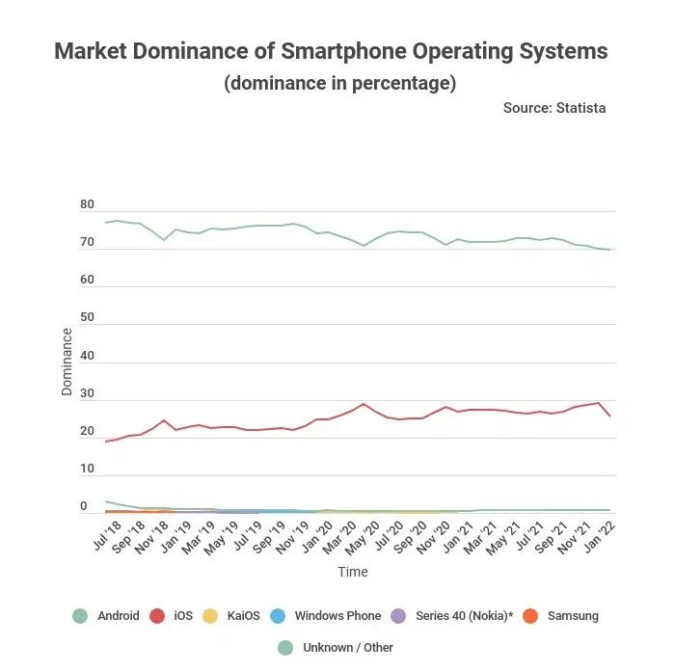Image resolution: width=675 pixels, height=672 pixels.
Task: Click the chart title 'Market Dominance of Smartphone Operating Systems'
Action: point(331,51)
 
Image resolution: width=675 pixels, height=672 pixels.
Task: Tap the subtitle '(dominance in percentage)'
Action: point(339,83)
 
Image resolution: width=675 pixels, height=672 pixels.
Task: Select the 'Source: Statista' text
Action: point(554,108)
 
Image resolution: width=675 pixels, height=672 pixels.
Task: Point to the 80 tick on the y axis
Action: point(88,205)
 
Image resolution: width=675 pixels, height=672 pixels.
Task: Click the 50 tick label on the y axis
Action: point(88,318)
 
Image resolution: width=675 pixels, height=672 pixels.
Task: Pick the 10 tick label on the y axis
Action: point(88,470)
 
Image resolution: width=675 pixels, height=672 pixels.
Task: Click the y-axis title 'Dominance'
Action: point(67,362)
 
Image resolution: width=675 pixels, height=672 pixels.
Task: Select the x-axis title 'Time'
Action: point(352,572)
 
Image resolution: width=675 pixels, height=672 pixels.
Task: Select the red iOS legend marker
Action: point(156,615)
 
